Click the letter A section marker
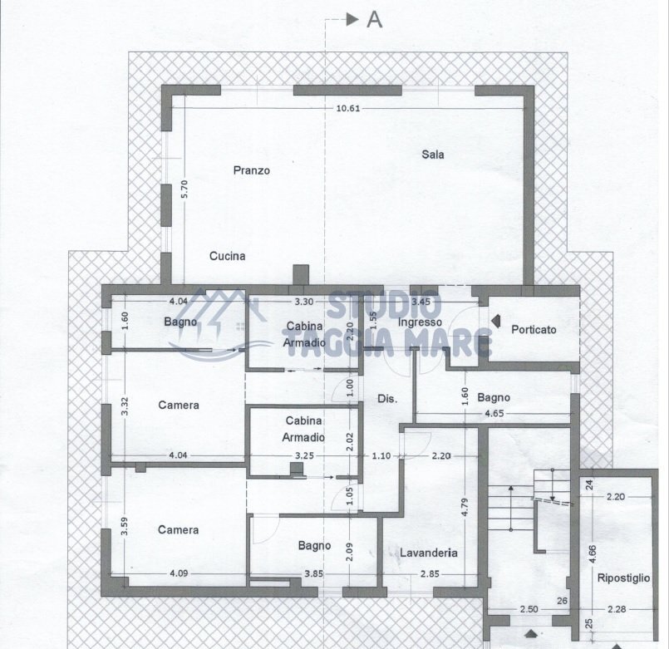375,20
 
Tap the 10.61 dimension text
347,108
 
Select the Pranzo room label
251,170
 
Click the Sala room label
432,155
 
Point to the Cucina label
227,256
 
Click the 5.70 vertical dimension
185,189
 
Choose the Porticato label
534,330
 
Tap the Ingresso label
418,322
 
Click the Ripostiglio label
622,578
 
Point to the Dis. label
387,399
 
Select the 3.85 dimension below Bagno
312,573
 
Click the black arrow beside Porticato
495,319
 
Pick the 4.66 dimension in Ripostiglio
591,555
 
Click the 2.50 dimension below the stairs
529,610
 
